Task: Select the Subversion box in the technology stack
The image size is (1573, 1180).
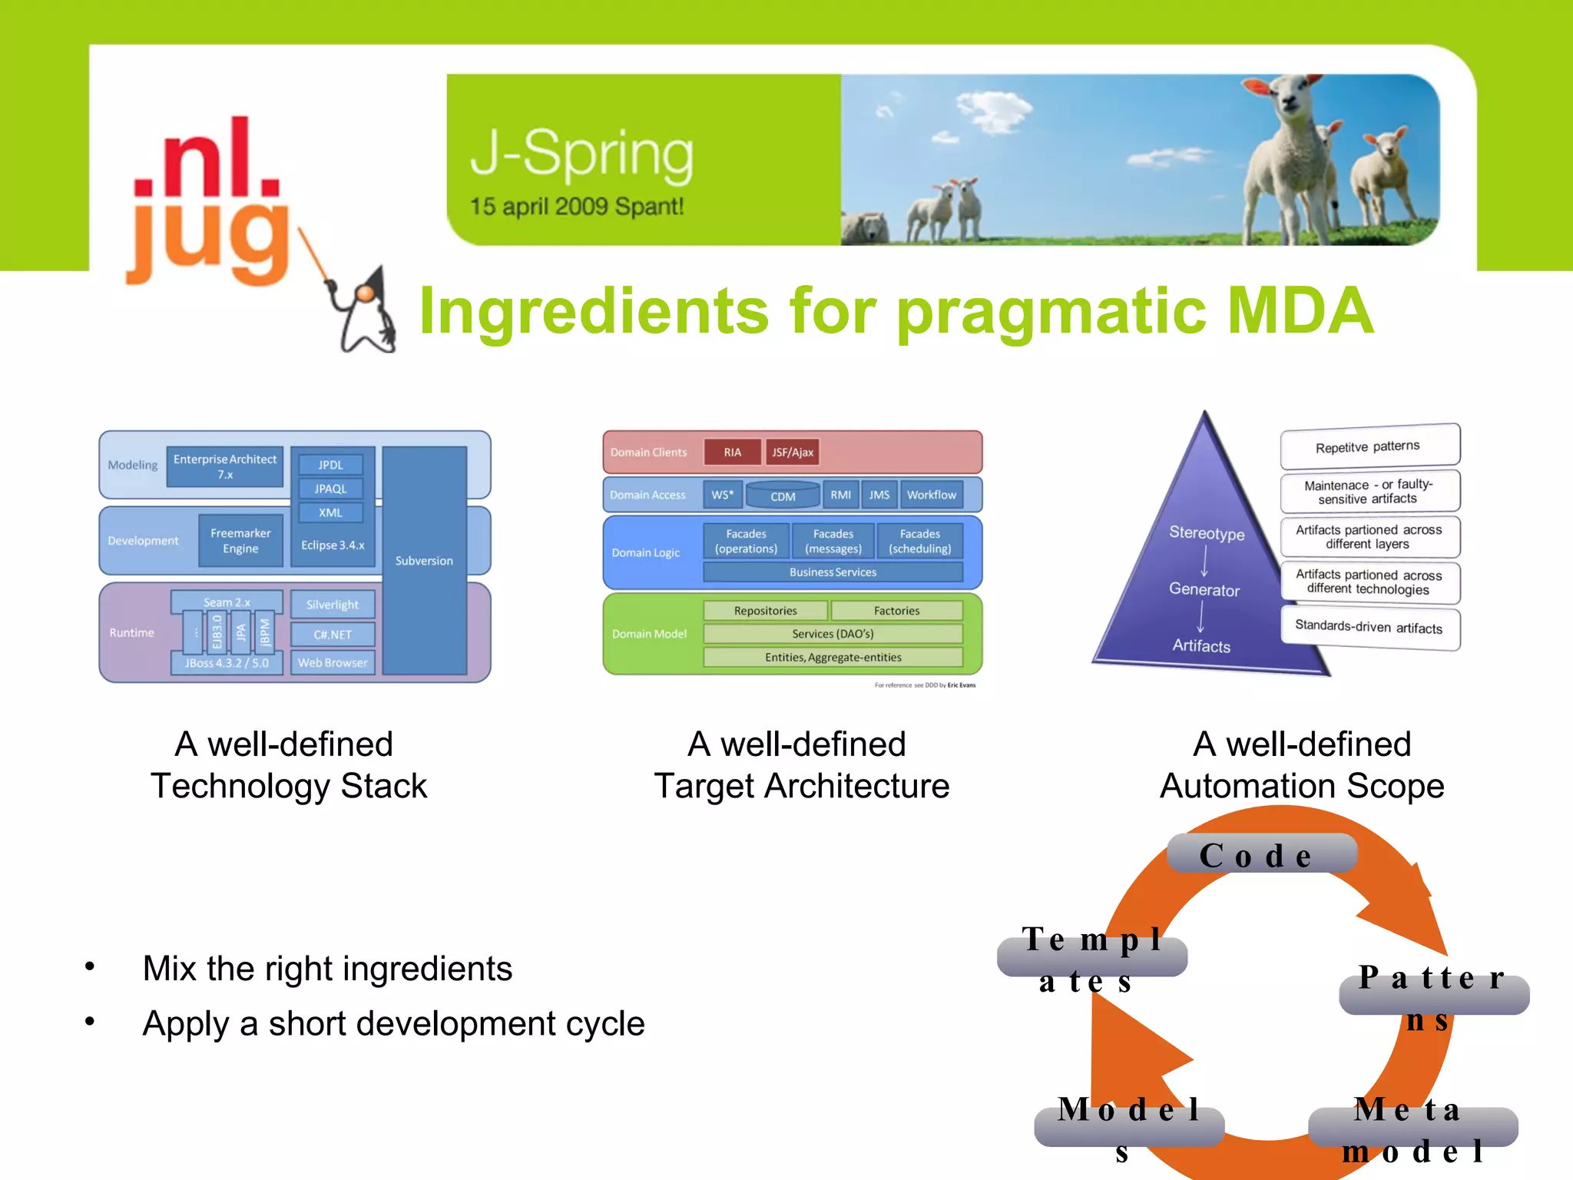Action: coord(424,560)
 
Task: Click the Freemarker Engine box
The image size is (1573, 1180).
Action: coord(240,541)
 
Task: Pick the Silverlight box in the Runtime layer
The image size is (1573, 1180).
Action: coord(333,605)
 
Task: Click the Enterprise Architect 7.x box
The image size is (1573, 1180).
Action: coord(225,466)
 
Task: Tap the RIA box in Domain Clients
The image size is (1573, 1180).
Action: coord(732,452)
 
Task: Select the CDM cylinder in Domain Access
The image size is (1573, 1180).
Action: coord(783,496)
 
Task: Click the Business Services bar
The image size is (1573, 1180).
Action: coord(833,572)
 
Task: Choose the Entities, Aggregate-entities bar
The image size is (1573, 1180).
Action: coord(833,658)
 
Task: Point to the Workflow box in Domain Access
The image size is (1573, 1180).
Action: coord(931,495)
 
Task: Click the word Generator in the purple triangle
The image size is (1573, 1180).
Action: coord(1204,590)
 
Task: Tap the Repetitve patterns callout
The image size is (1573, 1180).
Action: coord(1368,446)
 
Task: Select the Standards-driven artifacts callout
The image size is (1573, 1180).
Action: coord(1369,627)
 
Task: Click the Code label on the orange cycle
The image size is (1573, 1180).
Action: coord(1260,854)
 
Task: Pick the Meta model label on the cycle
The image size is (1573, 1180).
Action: coord(1412,1129)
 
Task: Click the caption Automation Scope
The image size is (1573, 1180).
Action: coord(1302,786)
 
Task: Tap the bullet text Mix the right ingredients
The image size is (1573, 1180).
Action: coord(327,969)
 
